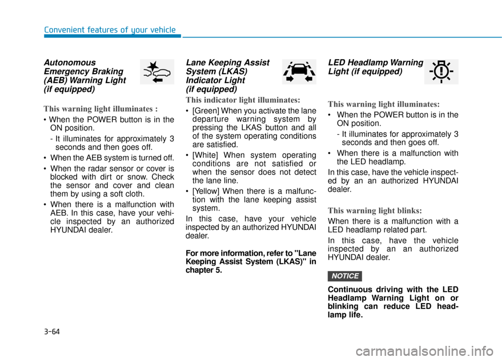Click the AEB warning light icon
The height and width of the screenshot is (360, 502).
[x=157, y=72]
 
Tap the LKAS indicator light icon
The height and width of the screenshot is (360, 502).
[x=299, y=72]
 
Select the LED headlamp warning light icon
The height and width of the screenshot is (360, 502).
[x=441, y=72]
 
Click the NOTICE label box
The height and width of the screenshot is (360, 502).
[x=345, y=276]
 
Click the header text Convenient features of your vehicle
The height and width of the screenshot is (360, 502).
[x=110, y=30]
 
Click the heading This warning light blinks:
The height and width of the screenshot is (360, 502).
[x=374, y=211]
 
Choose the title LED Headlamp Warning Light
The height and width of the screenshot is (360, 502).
[x=375, y=67]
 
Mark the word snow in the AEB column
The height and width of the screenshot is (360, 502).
[x=133, y=177]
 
